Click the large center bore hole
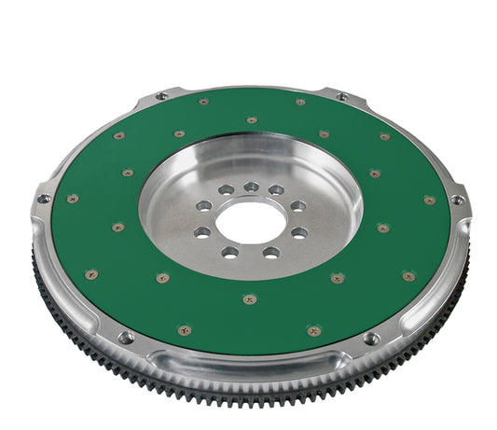(251, 220)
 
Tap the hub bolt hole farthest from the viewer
(251, 187)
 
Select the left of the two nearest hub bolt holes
(230, 251)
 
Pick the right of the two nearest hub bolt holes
(270, 252)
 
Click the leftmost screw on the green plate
(73, 198)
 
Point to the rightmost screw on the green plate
(430, 200)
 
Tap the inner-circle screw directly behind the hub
(252, 120)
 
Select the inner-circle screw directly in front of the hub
(249, 298)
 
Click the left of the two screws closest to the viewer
(185, 330)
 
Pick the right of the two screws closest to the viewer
(313, 330)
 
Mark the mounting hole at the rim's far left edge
(43, 198)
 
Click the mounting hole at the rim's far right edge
(457, 200)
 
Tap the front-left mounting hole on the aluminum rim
(126, 337)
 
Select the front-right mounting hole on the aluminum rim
(371, 338)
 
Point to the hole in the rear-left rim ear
(161, 95)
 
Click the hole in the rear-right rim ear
(341, 96)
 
